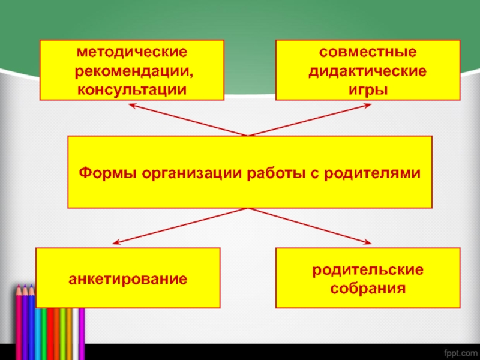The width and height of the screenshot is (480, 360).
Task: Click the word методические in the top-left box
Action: point(131,54)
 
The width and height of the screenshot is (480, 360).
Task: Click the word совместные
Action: point(368,54)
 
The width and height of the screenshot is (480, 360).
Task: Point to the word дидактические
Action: point(368,72)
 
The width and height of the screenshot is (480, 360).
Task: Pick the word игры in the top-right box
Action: point(368,90)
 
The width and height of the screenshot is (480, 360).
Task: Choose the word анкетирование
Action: point(127,279)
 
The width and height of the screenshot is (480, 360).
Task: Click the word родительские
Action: point(368,271)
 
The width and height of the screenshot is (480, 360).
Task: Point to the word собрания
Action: point(368,289)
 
